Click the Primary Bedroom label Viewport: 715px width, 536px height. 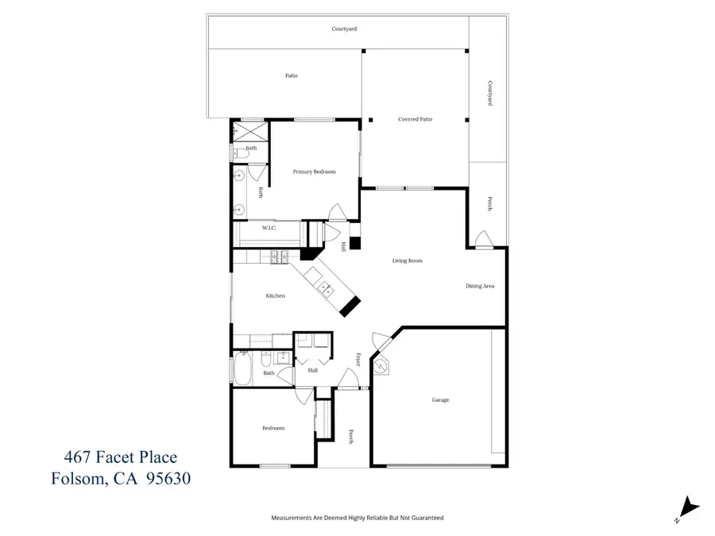pos(314,172)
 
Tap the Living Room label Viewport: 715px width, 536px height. pos(406,260)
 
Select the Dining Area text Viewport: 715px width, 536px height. pos(480,286)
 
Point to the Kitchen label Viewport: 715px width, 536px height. pos(275,295)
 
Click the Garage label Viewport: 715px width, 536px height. pos(440,399)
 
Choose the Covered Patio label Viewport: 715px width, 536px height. pos(415,119)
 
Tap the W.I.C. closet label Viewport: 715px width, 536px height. pos(269,228)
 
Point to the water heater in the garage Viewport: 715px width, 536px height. pos(385,367)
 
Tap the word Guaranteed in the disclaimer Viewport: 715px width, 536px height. pos(426,518)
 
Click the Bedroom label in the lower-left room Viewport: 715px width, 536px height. pos(272,428)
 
